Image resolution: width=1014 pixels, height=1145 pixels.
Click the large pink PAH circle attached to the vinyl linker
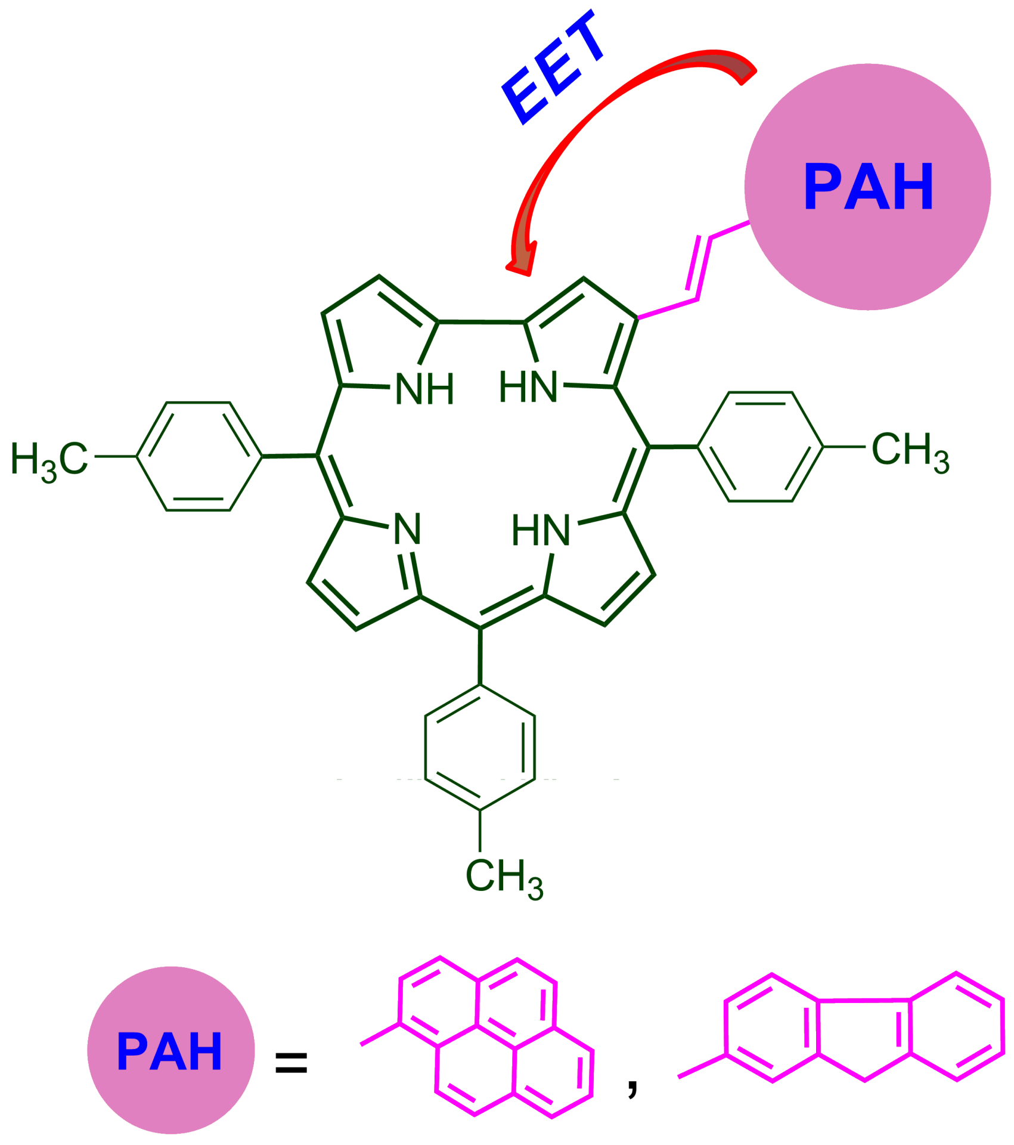click(867, 187)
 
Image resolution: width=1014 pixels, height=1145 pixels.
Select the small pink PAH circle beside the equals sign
click(170, 1050)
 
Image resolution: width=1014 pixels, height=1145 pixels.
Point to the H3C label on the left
click(49, 460)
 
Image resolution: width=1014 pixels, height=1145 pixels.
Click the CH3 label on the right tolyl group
click(910, 450)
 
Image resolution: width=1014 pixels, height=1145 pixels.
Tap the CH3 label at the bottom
click(504, 877)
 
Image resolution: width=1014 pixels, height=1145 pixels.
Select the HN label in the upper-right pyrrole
click(528, 386)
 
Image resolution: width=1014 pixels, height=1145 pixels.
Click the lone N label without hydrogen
click(408, 528)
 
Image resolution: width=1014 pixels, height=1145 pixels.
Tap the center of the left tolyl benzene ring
click(199, 456)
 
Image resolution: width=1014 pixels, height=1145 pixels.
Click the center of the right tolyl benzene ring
click(761, 447)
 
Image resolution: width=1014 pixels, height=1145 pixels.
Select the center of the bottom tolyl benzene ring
click(480, 747)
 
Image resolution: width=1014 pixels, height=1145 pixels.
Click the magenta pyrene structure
click(495, 1038)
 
